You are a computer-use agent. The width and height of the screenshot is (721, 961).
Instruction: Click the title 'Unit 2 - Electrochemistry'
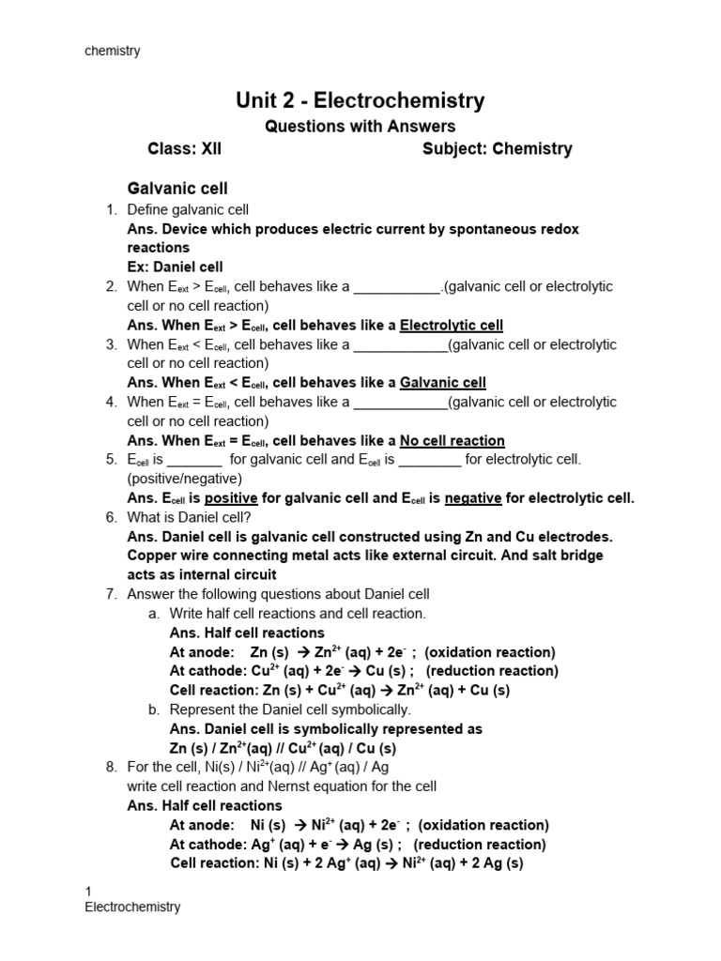[x=360, y=100]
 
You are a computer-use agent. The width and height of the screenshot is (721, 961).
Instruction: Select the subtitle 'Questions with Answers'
[x=360, y=126]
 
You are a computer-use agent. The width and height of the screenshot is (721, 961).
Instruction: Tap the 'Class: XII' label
[x=185, y=148]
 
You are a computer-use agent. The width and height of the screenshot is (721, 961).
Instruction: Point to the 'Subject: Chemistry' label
[x=497, y=148]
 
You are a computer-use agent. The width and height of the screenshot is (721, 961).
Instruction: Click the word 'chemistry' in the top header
[x=113, y=51]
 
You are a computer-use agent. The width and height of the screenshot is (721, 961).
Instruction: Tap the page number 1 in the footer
[x=88, y=891]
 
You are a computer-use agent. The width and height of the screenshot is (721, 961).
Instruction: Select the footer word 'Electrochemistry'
[x=132, y=907]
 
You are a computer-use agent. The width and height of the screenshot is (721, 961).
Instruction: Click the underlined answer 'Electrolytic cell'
[x=452, y=325]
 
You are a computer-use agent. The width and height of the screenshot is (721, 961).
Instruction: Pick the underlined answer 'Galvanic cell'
[x=443, y=382]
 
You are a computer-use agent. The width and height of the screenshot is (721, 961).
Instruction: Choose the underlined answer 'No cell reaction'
[x=452, y=440]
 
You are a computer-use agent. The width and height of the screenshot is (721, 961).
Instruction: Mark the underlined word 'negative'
[x=473, y=497]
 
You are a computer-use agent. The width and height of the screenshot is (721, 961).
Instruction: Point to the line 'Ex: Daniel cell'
[x=176, y=267]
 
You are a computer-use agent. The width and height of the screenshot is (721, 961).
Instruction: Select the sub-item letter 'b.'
[x=154, y=709]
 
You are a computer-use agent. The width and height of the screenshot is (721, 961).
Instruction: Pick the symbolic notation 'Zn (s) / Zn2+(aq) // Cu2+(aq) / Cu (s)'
[x=283, y=748]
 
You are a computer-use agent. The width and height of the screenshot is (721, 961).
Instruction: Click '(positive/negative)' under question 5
[x=184, y=479]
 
